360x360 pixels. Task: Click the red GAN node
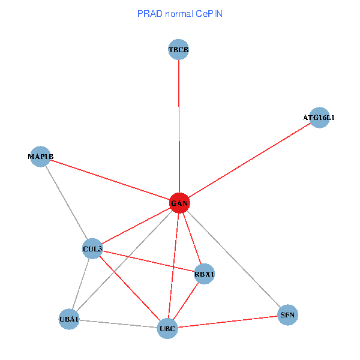coord(179,203)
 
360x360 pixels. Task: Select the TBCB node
coord(179,49)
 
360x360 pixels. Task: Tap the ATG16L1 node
coord(319,118)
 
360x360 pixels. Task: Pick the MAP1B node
coord(40,157)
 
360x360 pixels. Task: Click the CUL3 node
coord(92,248)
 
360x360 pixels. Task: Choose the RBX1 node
coord(204,274)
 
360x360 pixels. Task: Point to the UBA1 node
coord(69,319)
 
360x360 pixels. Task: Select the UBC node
coord(167,328)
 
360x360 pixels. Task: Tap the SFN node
coord(288,315)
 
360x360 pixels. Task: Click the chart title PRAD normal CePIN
coord(179,13)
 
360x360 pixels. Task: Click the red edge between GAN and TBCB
coord(179,126)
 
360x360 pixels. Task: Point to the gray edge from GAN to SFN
coord(234,259)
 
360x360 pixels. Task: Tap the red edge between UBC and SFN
coord(228,322)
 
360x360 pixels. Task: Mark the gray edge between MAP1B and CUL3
coord(66,202)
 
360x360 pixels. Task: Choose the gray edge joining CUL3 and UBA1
coord(81,283)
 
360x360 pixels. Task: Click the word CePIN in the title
coord(208,13)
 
